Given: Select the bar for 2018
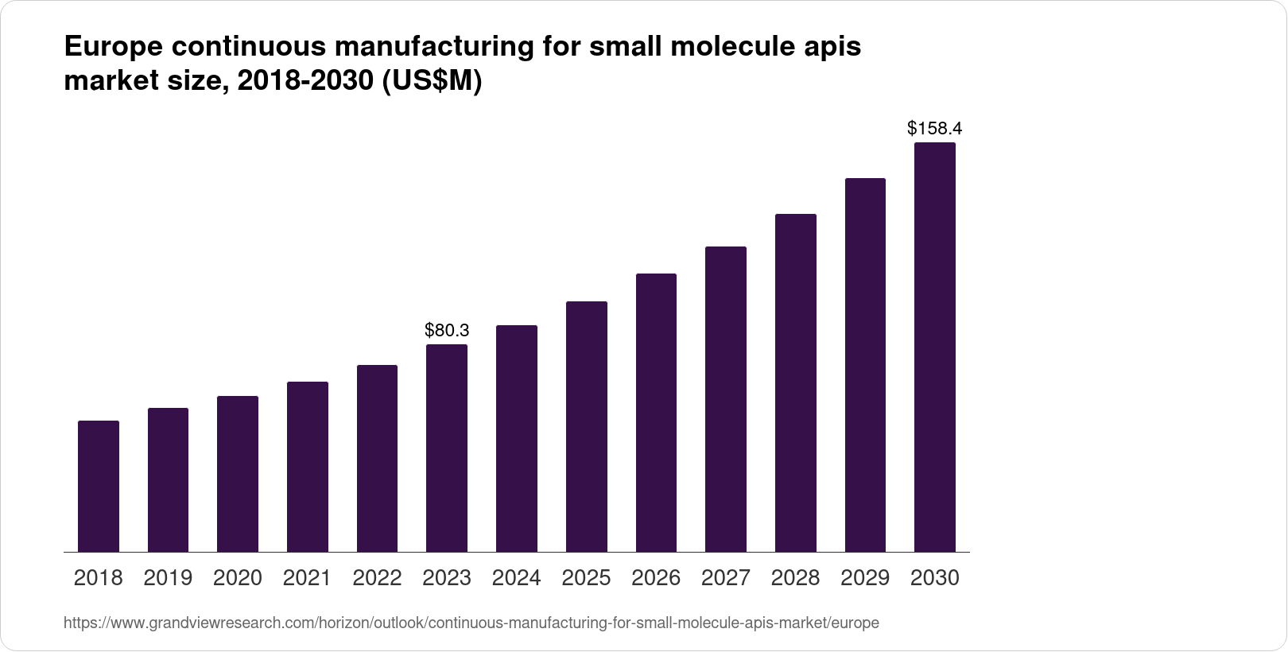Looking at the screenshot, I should coord(99,486).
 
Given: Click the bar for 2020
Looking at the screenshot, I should coord(238,474).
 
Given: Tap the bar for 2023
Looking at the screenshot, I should coord(447,448).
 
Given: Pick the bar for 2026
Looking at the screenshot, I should coord(656,413).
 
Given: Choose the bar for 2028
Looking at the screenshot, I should coord(795,382).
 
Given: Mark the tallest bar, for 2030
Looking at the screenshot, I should coord(935,347).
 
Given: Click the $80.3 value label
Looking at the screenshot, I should coord(447,330).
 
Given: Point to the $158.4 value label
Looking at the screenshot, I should coord(935,128).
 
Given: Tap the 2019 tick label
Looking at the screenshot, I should coord(168,578).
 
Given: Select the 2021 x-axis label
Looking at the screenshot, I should coord(307,578).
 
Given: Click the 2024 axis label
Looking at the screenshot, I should coord(517,578).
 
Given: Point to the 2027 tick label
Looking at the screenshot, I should coord(726,578).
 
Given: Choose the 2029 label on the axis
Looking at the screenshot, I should coord(865,578).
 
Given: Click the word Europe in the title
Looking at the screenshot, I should coord(111,48).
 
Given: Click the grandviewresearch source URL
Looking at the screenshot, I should coord(471,623).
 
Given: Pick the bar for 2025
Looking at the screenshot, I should coord(587,426).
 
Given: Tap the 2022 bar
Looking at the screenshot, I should coord(377,458).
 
